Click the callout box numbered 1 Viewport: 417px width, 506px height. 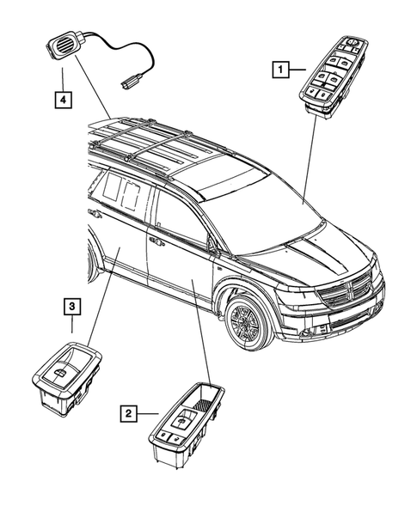(280, 65)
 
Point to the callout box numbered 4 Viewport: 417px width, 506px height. (63, 100)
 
